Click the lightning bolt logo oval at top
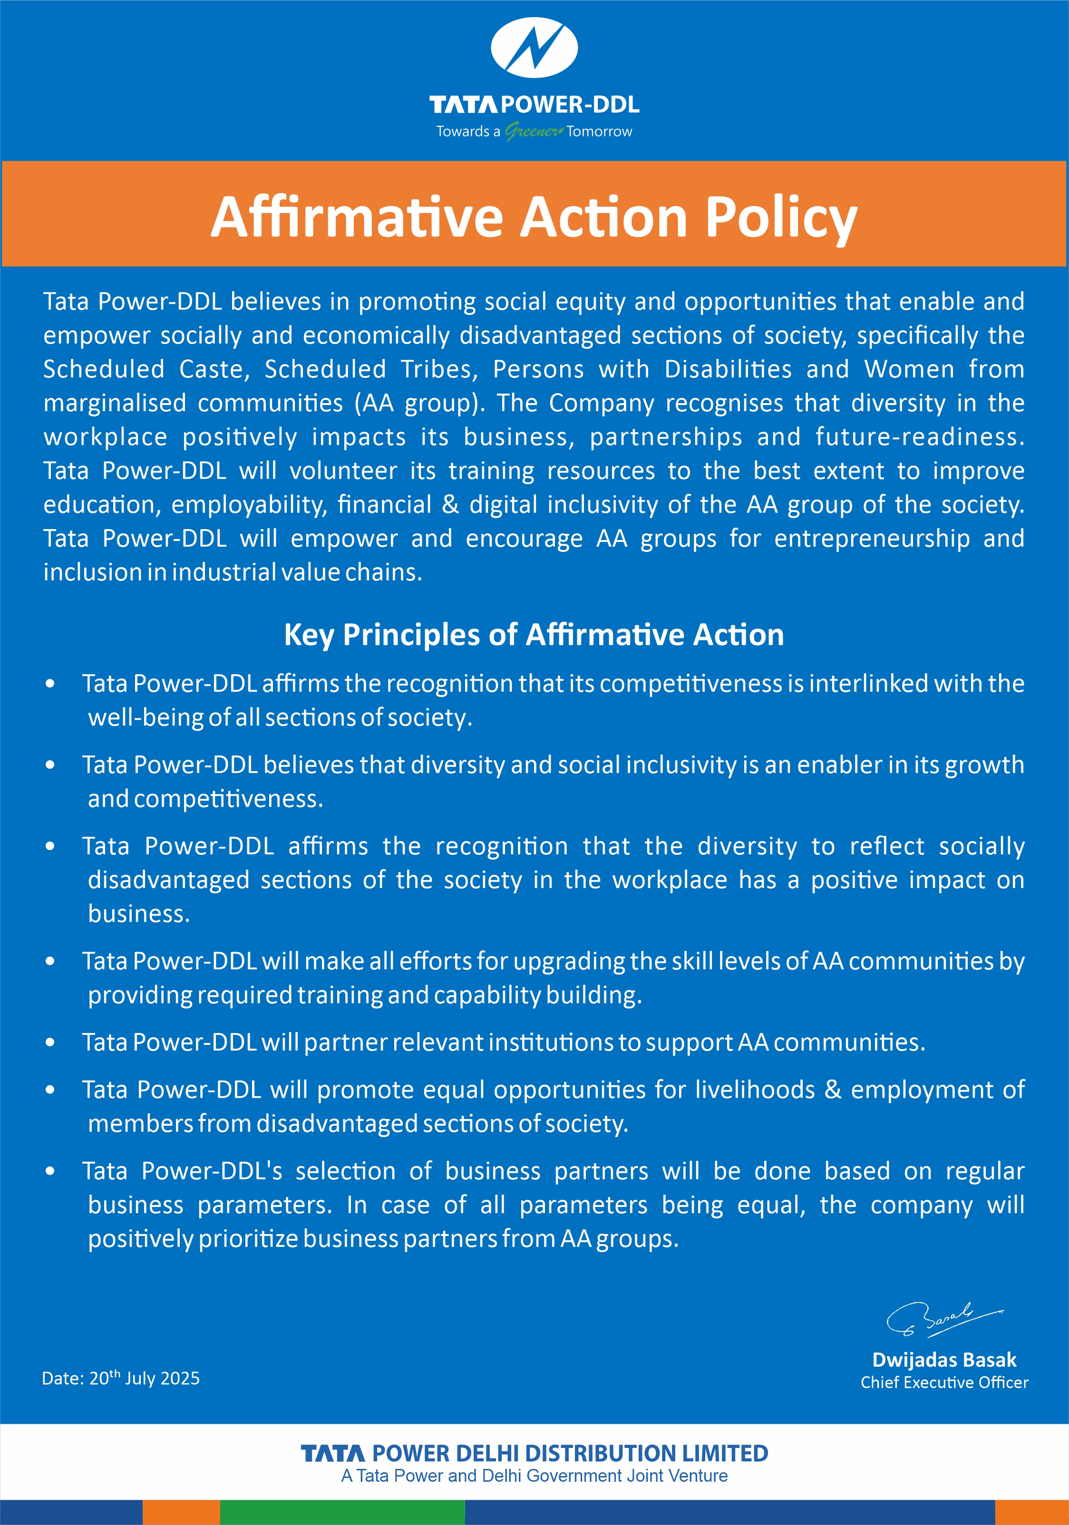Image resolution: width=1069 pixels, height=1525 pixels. [534, 48]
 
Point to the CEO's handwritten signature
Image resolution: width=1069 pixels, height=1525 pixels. [943, 1318]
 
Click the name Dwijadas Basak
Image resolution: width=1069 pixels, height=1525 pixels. [944, 1360]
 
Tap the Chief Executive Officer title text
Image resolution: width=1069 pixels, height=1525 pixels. [944, 1382]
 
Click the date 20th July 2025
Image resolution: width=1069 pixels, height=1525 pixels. [121, 1378]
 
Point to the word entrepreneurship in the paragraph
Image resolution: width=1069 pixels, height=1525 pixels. [872, 539]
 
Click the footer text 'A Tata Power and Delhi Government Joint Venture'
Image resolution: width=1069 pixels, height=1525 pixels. [534, 1476]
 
